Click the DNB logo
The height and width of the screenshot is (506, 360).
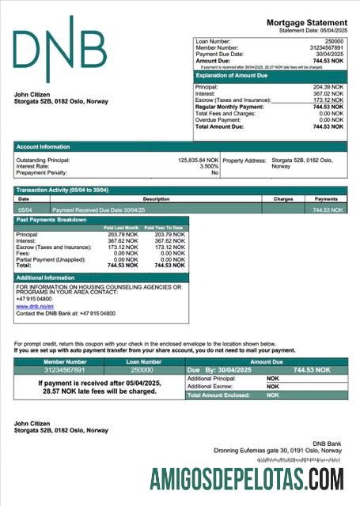pos(59,49)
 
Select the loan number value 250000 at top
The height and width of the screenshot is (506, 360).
pos(334,40)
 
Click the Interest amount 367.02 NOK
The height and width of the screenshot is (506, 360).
pos(328,93)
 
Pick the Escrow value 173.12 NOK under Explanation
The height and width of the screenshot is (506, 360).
pos(328,100)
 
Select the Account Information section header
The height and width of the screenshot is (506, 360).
pos(44,146)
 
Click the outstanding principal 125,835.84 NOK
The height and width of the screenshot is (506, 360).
pos(198,160)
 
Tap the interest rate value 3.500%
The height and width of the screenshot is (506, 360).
pos(209,167)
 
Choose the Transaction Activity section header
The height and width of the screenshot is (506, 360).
pos(63,191)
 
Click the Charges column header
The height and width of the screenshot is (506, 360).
pos(282,199)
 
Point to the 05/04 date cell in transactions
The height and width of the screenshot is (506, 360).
pos(25,210)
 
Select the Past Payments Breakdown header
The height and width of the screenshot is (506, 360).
pos(51,220)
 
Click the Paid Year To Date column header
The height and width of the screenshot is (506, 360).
pos(165,228)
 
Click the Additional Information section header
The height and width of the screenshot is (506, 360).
pos(46,278)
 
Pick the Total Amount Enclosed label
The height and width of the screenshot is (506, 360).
pos(218,395)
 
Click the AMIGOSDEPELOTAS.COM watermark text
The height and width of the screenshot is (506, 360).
pos(248,479)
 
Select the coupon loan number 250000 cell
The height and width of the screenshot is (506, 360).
pos(142,369)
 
